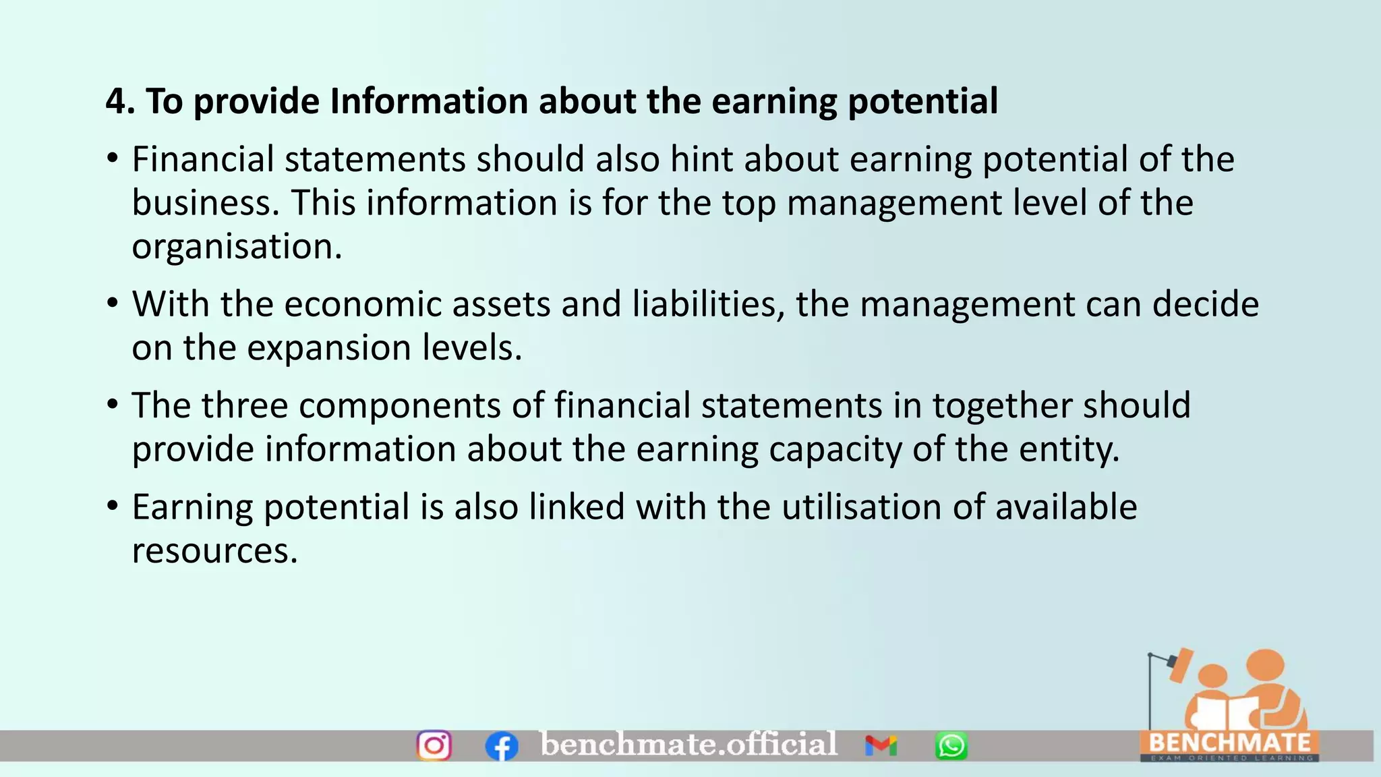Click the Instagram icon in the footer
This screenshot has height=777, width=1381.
tap(434, 745)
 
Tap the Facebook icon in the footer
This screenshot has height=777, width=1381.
tap(502, 747)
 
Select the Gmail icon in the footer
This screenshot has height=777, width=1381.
tap(881, 745)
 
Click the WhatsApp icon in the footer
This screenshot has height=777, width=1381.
tap(951, 746)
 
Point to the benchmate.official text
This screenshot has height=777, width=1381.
tap(688, 744)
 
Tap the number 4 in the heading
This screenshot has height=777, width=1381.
tap(116, 102)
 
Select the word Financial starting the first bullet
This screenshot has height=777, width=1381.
tap(203, 160)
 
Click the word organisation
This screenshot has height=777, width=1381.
tap(237, 247)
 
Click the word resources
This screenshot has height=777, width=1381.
tap(214, 551)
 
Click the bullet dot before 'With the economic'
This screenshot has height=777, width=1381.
tap(113, 304)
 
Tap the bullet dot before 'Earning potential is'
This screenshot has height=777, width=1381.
tap(113, 506)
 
